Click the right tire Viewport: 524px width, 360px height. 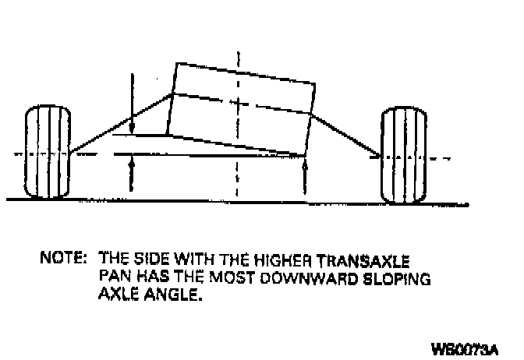point(404,157)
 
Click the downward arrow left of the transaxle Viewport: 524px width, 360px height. point(133,101)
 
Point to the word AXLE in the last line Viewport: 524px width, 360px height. point(115,295)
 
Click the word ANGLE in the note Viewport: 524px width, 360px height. point(167,295)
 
